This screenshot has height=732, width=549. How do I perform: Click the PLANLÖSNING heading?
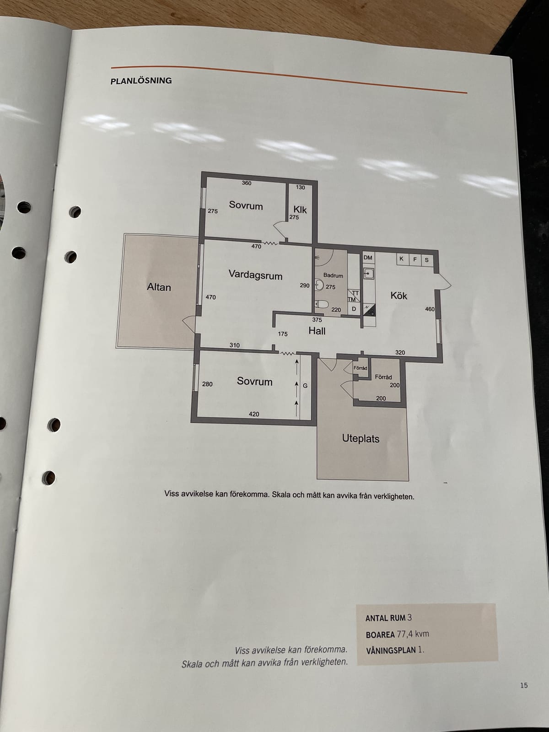coord(141,81)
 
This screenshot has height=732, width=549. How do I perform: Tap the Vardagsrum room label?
coord(255,275)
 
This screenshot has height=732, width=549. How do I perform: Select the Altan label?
coord(159,287)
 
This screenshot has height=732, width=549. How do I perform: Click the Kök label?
coord(398,296)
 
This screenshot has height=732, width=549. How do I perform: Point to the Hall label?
coord(317,331)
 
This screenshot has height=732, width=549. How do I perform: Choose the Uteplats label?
coord(361,439)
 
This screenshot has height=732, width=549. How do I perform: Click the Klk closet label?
coord(300,210)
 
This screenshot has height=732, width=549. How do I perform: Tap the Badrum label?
coord(333,275)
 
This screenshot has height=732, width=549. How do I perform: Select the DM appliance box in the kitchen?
coord(368,258)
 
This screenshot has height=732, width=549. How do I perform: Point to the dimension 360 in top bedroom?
coord(247,183)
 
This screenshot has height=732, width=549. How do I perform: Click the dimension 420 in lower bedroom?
coord(254,414)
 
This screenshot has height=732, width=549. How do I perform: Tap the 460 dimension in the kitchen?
coord(430,309)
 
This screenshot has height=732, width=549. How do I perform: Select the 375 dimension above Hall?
coord(317,320)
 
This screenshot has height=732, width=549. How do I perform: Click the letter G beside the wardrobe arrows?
coord(305,386)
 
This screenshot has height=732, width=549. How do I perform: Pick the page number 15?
coord(524,685)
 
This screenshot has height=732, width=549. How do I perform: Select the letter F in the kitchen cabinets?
coord(415,259)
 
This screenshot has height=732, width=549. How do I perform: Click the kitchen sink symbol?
coord(368,274)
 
